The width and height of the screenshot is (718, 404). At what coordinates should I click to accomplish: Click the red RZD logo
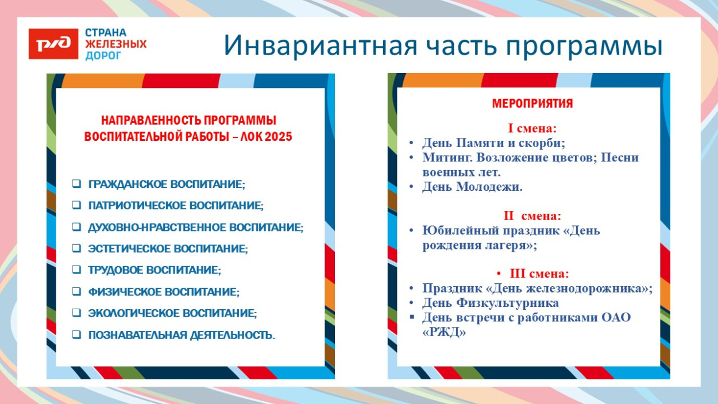coord(53,44)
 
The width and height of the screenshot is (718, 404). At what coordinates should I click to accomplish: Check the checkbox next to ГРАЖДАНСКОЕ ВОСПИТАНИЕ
coord(76,184)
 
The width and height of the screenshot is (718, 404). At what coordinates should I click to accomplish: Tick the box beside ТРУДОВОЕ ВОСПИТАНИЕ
coord(76,270)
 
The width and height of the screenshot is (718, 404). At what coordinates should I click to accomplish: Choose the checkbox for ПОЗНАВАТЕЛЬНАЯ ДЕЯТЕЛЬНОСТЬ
coord(76,334)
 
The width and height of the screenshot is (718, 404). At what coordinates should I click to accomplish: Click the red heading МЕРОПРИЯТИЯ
coord(532,104)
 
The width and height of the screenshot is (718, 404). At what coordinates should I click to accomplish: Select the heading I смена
coord(532,128)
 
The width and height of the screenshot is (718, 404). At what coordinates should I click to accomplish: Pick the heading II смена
coord(532,216)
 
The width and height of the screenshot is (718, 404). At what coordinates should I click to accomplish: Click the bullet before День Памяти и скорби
coord(411,143)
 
